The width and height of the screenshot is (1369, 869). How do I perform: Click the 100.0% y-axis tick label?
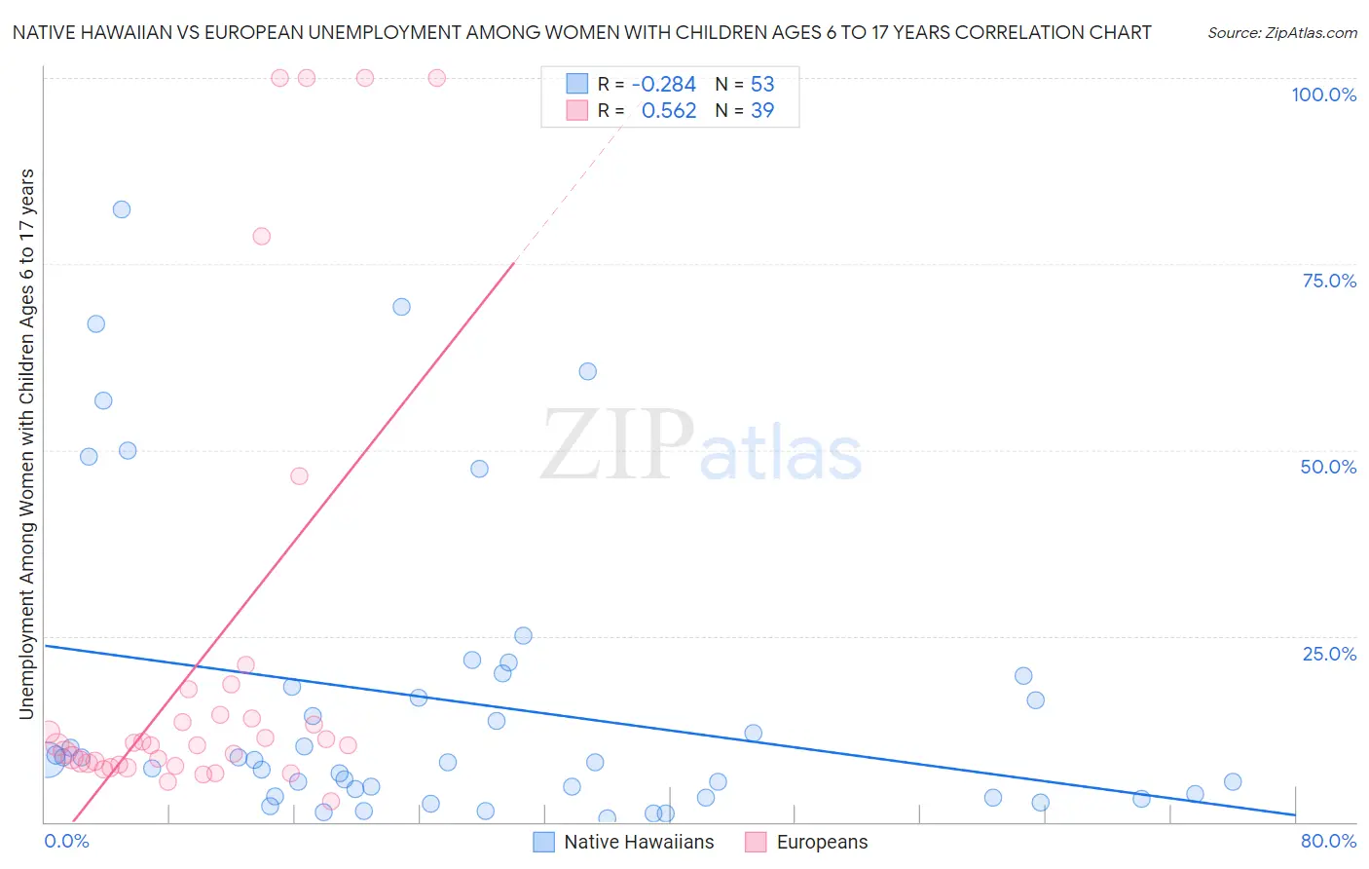click(x=1323, y=94)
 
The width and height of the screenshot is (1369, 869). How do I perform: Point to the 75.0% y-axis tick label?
click(x=1329, y=281)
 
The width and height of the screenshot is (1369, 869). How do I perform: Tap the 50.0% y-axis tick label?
click(x=1328, y=467)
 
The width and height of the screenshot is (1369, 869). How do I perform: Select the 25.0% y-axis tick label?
click(x=1329, y=654)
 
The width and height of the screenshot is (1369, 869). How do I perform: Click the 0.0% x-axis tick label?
click(x=66, y=842)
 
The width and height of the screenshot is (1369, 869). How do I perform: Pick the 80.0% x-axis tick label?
click(x=1328, y=842)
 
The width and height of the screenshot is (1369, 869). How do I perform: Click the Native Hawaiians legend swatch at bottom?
click(x=543, y=843)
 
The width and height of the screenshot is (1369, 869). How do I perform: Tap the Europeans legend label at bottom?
click(x=822, y=843)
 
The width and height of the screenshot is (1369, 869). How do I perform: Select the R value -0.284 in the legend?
click(x=664, y=85)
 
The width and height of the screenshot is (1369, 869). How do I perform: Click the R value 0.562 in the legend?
click(x=669, y=111)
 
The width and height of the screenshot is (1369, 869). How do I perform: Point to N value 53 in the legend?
click(x=762, y=85)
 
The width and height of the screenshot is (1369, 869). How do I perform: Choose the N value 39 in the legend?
click(x=762, y=111)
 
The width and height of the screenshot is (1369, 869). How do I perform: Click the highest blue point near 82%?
click(x=122, y=209)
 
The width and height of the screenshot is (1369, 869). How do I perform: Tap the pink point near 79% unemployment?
click(x=261, y=236)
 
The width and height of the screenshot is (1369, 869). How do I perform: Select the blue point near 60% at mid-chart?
click(x=587, y=371)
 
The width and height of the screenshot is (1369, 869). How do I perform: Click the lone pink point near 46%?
click(x=299, y=476)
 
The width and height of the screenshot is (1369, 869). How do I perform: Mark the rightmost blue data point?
click(x=1233, y=781)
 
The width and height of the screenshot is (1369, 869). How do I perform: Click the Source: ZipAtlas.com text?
click(x=1281, y=33)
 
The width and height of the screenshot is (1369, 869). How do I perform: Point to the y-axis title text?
click(x=26, y=444)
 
